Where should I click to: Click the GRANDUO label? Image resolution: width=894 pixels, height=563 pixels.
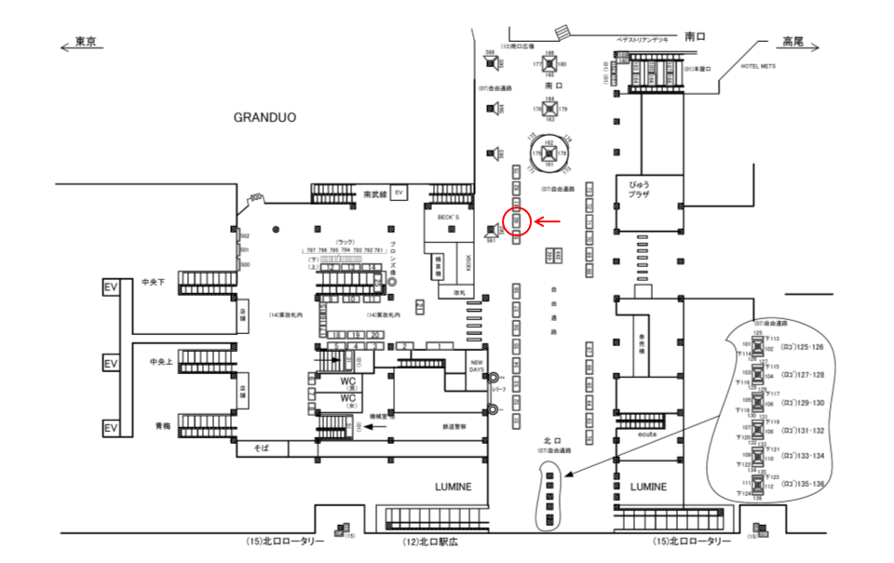click(x=264, y=118)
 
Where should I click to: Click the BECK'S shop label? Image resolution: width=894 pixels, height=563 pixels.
click(x=440, y=215)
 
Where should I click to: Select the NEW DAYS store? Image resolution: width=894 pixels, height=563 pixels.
click(x=477, y=366)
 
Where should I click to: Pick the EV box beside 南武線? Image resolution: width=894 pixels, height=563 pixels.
click(x=399, y=193)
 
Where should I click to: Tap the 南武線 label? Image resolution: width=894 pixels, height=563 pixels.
click(x=373, y=194)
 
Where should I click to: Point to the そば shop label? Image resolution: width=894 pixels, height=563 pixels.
click(x=262, y=449)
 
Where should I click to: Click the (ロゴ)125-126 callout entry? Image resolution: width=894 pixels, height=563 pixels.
click(x=804, y=346)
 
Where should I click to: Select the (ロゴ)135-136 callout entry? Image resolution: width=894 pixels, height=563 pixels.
click(x=804, y=483)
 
